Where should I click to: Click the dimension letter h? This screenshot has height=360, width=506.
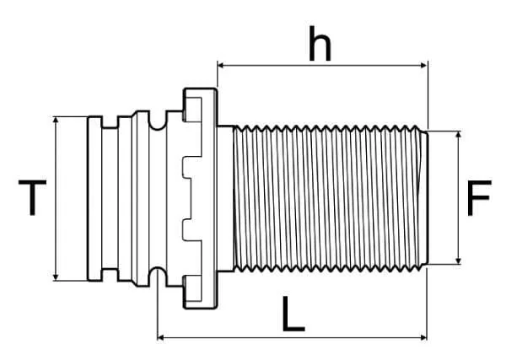click(x=320, y=44)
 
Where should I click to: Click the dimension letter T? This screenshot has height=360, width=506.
click(x=32, y=197)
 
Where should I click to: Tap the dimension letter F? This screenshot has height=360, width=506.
click(x=479, y=198)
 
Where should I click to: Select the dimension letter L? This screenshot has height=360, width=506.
click(x=293, y=314)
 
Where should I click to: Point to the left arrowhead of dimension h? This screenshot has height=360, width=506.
click(x=221, y=66)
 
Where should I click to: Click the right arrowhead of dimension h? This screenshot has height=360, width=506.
click(x=423, y=66)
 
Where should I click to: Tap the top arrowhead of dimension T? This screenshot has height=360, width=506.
click(x=56, y=121)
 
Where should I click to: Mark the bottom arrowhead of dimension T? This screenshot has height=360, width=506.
click(x=56, y=277)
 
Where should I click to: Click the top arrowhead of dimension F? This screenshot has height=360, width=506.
click(x=458, y=135)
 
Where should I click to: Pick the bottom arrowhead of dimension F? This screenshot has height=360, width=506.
click(x=458, y=261)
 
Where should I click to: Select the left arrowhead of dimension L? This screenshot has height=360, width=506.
click(x=161, y=338)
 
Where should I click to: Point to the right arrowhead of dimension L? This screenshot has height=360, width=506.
click(x=423, y=338)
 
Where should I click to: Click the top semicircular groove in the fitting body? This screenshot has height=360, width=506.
click(x=158, y=121)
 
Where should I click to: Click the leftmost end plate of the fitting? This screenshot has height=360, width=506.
click(x=95, y=198)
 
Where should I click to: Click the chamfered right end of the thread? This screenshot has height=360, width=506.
click(x=424, y=198)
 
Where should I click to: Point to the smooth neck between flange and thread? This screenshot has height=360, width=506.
click(x=225, y=198)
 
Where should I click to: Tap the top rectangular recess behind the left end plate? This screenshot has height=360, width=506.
click(x=110, y=122)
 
